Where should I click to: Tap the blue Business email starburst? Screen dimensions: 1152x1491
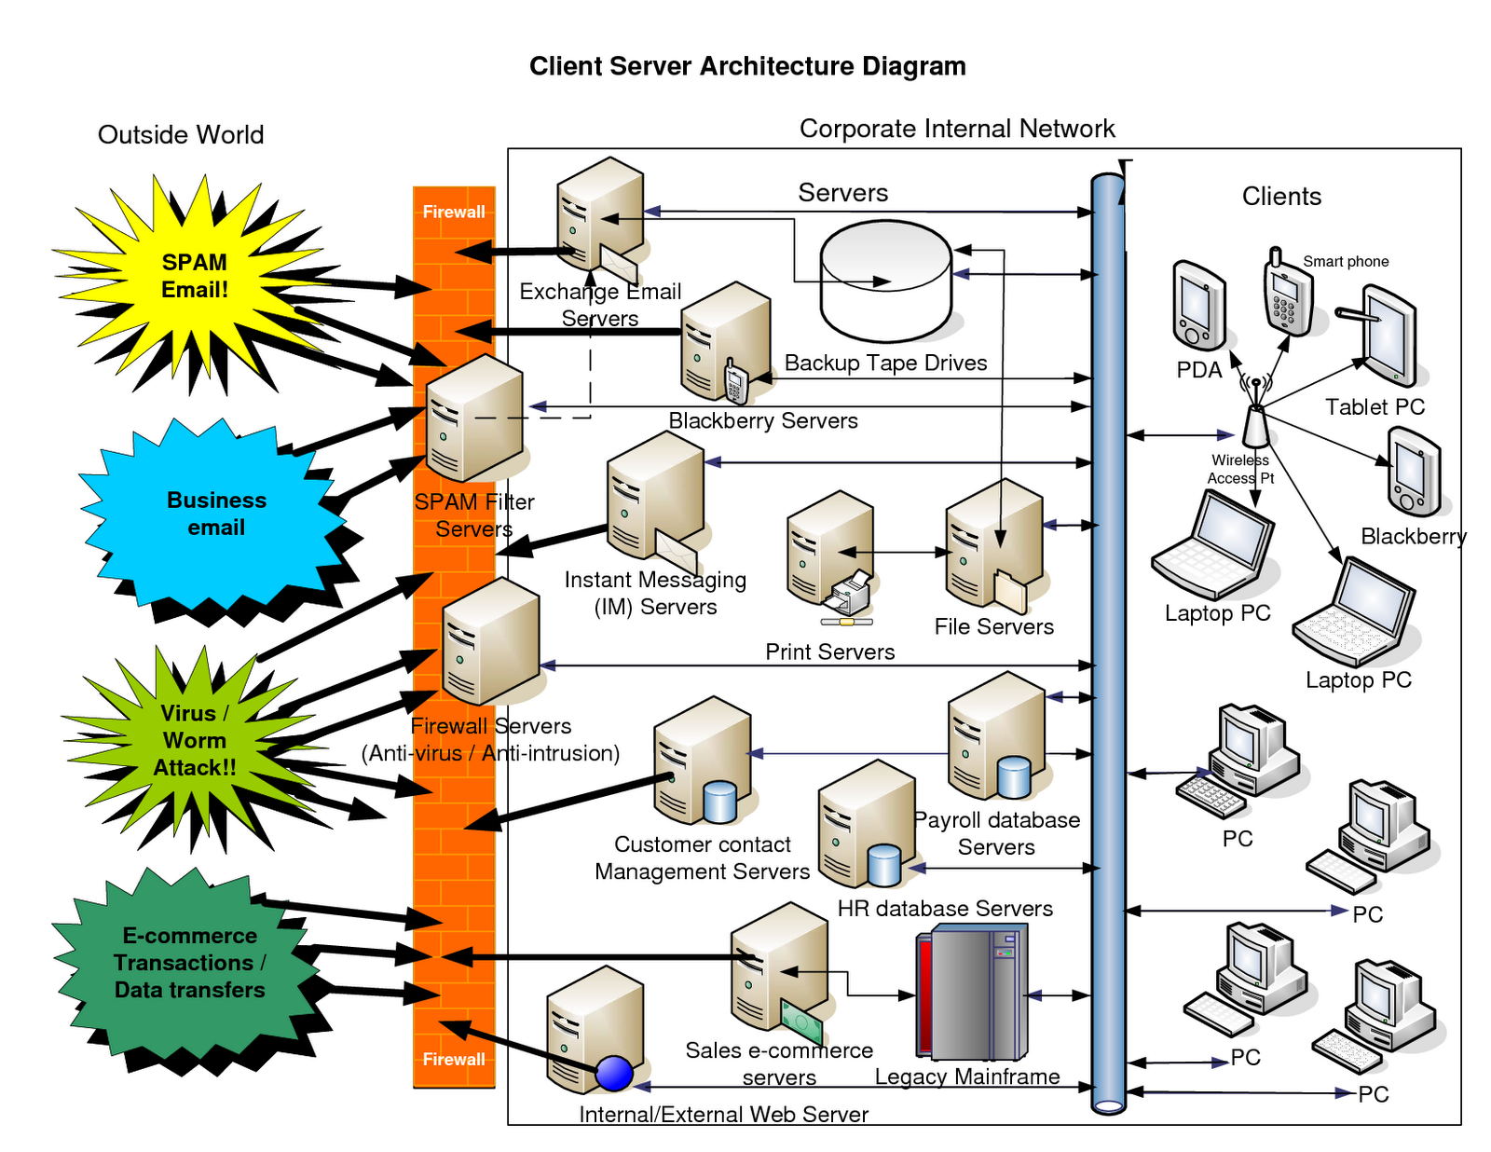tap(216, 514)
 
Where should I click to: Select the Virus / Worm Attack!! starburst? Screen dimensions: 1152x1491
tap(194, 741)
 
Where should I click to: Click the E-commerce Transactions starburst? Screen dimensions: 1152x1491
tap(190, 963)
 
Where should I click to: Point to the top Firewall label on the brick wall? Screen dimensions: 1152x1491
tap(454, 212)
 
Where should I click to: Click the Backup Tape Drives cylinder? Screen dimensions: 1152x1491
tap(885, 281)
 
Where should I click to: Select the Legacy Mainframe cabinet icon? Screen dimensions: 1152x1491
tap(972, 993)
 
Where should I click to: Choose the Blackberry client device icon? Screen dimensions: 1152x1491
tap(1414, 472)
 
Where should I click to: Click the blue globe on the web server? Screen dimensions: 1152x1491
tap(614, 1073)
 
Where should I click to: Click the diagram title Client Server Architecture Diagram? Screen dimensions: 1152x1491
tap(747, 66)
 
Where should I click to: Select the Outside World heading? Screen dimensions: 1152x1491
tap(181, 135)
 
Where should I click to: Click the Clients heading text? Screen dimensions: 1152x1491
tap(1281, 197)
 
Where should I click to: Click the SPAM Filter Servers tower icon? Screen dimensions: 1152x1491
tap(473, 418)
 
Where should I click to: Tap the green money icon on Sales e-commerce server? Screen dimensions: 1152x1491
tap(801, 1022)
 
